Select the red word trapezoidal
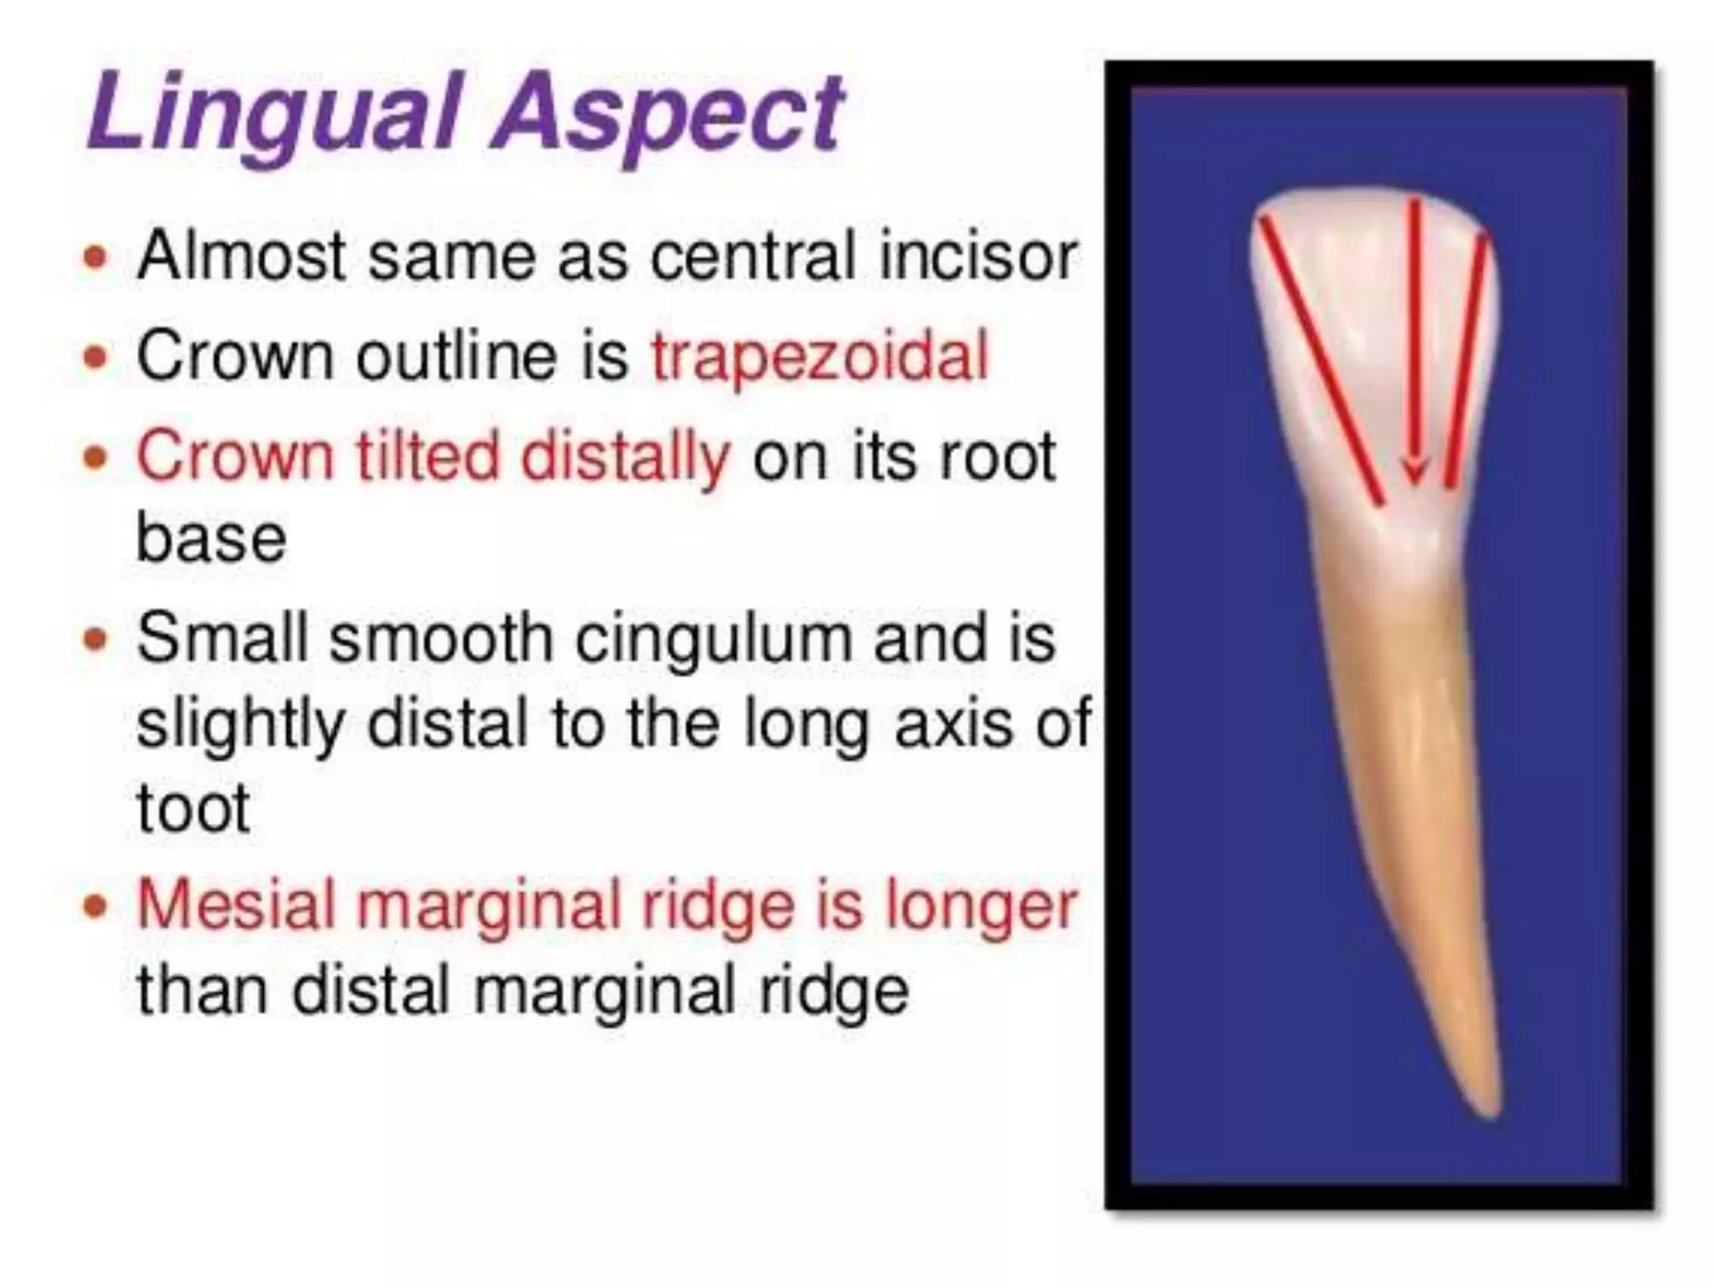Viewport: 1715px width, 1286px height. tap(820, 357)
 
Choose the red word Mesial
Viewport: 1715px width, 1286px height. tap(237, 905)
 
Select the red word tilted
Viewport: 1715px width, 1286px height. tap(426, 457)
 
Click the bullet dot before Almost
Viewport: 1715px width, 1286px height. tap(97, 257)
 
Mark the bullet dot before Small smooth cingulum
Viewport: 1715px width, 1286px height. tap(97, 640)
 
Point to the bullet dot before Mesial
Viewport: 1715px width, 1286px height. tap(97, 907)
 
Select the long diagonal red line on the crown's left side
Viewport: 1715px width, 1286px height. tap(1321, 360)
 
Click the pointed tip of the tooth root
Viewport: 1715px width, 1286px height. tap(1490, 1110)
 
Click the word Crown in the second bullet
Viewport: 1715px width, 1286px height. tap(234, 357)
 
